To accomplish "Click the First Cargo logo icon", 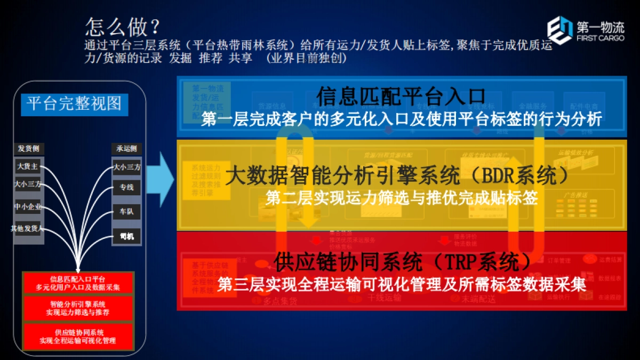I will point(559,30).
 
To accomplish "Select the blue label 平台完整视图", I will point(74,103).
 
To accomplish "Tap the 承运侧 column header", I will point(126,148).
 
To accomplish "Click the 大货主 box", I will point(28,166).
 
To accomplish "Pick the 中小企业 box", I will point(28,207).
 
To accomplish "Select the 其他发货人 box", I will point(28,228).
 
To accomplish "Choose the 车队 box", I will point(126,212).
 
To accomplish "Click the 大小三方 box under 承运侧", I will point(126,167).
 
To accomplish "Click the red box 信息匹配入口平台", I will point(78,283).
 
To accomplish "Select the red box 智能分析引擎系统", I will point(78,308).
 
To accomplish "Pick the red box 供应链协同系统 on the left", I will point(78,336).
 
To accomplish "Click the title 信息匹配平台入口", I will point(401,97).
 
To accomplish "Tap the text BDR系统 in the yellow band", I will point(517,175).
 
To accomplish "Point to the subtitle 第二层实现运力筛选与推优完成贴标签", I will point(401,198).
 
